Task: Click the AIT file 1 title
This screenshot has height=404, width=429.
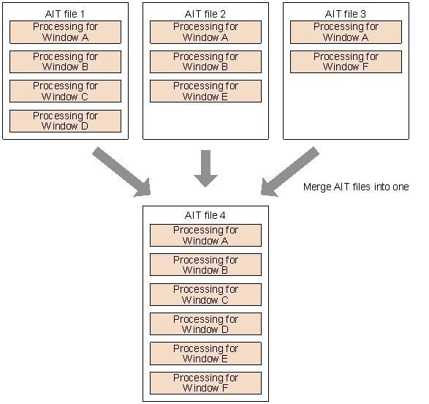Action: point(65,14)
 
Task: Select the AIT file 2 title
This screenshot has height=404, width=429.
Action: point(205,14)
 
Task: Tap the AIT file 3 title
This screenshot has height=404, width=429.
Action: point(346,14)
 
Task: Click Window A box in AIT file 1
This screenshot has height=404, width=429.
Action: point(65,32)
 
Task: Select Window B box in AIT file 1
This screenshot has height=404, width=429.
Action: point(65,61)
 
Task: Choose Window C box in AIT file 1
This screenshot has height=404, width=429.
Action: point(65,91)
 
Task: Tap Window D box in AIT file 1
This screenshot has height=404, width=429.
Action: point(65,121)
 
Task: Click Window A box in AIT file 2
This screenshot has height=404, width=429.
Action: point(205,32)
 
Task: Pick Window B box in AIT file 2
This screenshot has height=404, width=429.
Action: point(205,61)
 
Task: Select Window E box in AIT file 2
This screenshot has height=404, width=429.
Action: point(205,91)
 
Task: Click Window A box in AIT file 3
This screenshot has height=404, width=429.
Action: point(346,32)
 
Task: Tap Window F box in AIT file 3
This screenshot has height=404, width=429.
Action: point(346,61)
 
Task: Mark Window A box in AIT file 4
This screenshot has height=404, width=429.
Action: point(205,235)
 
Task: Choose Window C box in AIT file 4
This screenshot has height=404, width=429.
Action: point(205,294)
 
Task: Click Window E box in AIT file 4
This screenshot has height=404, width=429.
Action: point(205,353)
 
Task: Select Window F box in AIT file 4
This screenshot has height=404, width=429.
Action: point(205,383)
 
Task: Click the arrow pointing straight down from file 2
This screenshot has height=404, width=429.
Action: point(205,168)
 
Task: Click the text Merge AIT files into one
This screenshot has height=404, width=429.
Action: point(355,187)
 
